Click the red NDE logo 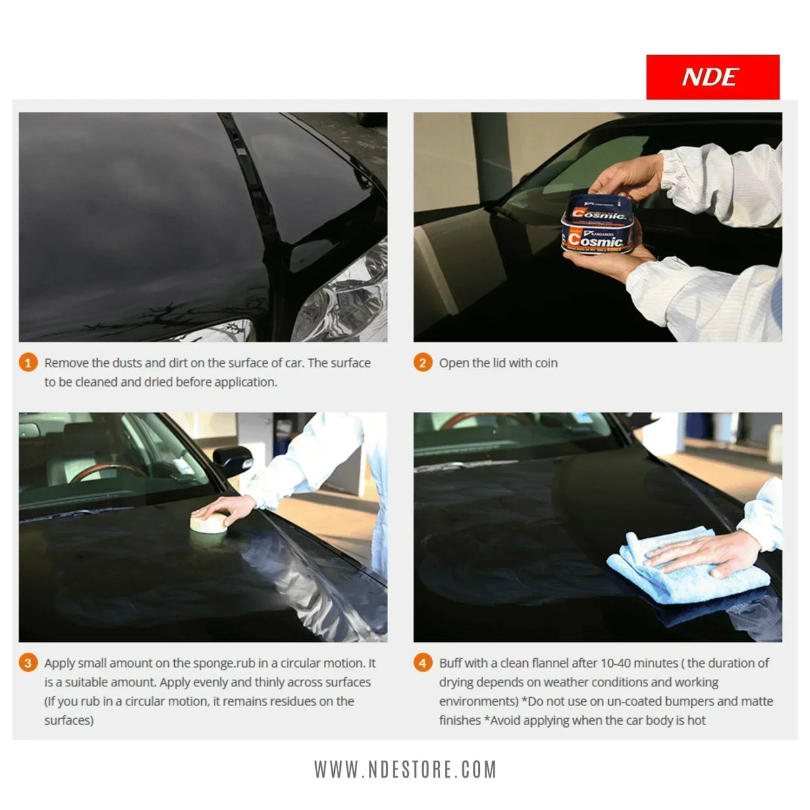pyautogui.click(x=712, y=77)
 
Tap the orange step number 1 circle pyautogui.click(x=28, y=362)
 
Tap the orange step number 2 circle pyautogui.click(x=423, y=362)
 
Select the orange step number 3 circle pyautogui.click(x=28, y=663)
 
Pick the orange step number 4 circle pyautogui.click(x=423, y=663)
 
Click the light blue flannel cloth pyautogui.click(x=682, y=567)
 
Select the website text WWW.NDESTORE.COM pyautogui.click(x=405, y=769)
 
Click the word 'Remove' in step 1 pyautogui.click(x=66, y=363)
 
